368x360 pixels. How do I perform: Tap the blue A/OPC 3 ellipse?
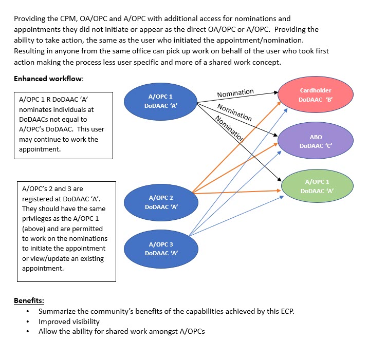click(160, 249)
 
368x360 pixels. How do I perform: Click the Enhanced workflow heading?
click(49, 79)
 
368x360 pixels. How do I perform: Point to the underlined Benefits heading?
click(29, 300)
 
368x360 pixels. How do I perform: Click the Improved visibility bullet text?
click(69, 321)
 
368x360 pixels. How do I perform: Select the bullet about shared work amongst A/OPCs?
click(121, 331)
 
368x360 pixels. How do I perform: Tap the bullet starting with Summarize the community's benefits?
click(166, 311)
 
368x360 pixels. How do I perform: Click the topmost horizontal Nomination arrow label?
click(235, 93)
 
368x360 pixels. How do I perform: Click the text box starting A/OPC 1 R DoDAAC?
click(63, 125)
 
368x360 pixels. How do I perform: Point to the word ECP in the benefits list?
click(285, 311)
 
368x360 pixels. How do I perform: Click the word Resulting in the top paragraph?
click(31, 51)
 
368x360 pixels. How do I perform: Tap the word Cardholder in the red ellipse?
click(315, 90)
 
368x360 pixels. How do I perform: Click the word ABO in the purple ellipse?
click(316, 137)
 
